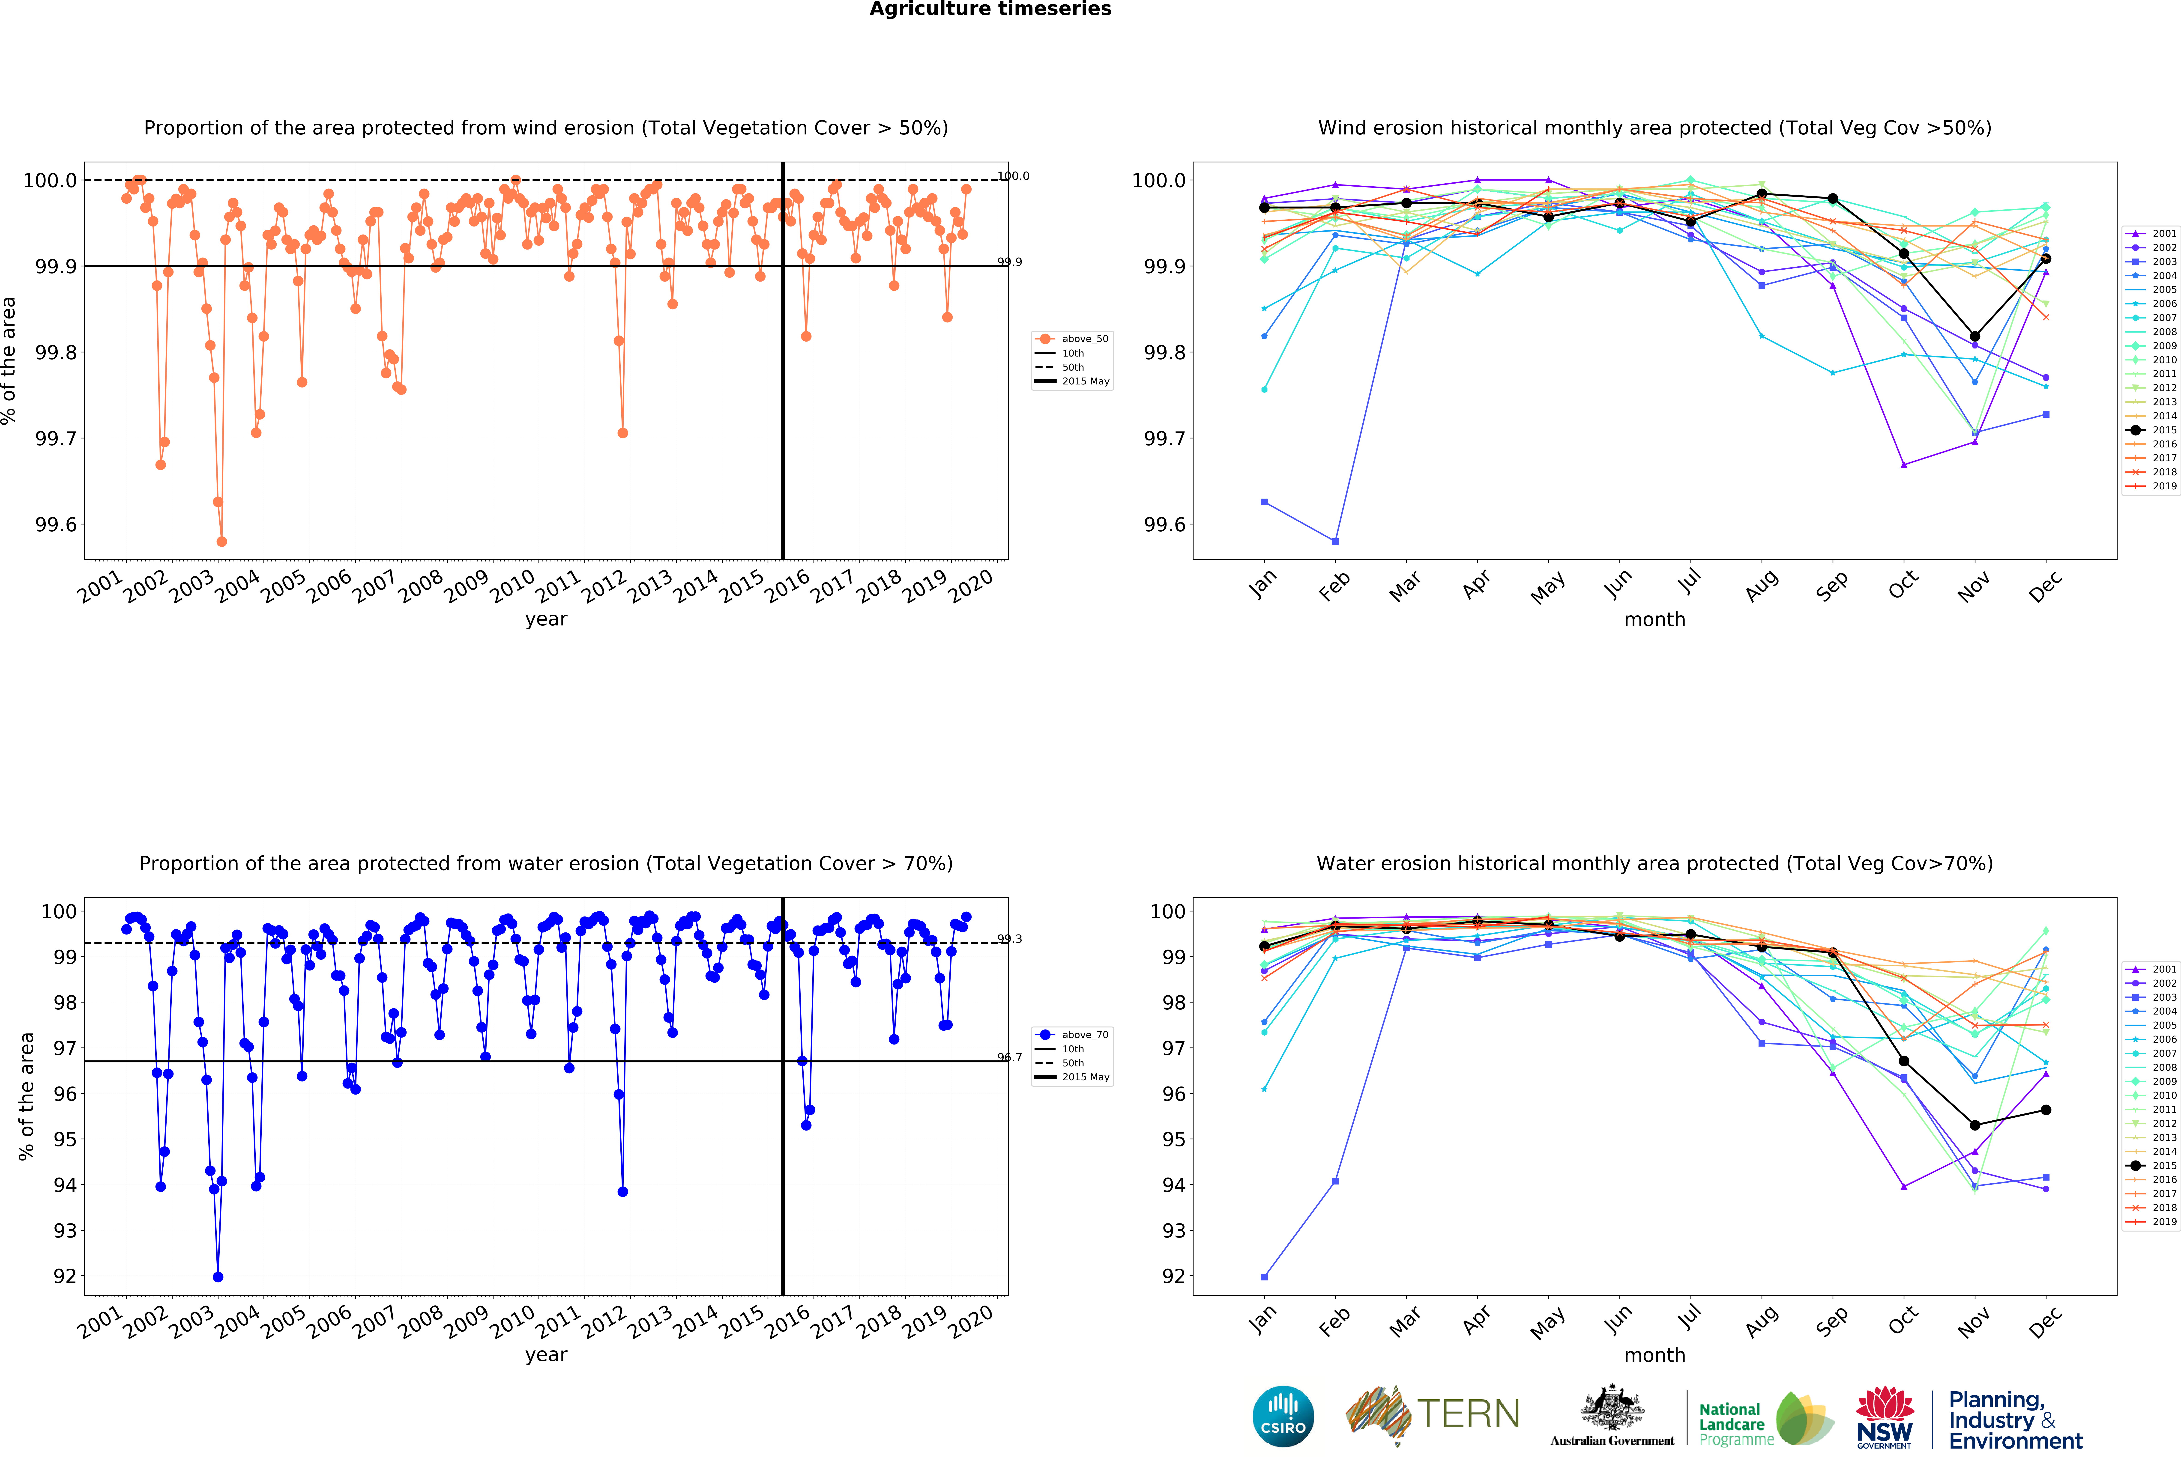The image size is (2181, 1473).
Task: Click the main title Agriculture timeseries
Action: (x=990, y=9)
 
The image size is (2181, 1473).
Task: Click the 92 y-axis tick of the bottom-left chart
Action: (x=65, y=1276)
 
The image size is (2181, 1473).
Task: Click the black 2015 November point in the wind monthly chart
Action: (x=1975, y=336)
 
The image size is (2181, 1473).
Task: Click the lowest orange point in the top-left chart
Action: (x=221, y=541)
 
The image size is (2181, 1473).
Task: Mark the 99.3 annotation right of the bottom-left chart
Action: (x=1010, y=938)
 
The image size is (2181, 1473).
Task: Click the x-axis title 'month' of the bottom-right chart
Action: (x=1654, y=1355)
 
